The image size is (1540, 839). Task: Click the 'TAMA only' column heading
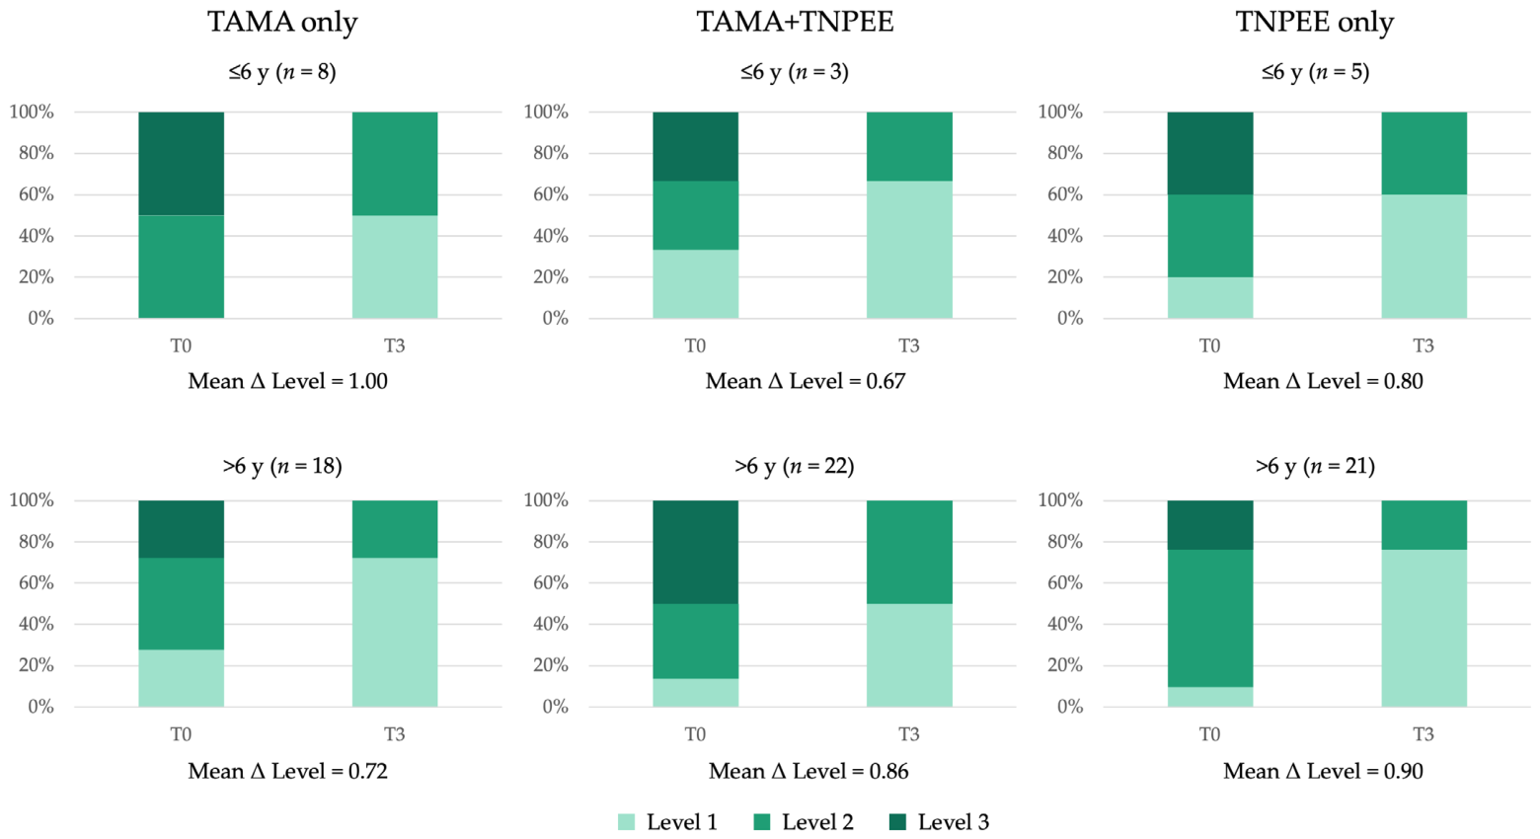[282, 22]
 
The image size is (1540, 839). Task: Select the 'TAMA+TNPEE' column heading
[795, 22]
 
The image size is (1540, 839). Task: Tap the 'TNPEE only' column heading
[1315, 22]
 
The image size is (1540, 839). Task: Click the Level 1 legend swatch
[626, 822]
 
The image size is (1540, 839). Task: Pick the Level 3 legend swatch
[897, 822]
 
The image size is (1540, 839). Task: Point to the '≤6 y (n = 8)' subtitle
[282, 72]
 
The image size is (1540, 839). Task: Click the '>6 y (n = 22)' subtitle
[795, 467]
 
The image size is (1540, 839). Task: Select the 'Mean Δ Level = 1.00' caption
[288, 381]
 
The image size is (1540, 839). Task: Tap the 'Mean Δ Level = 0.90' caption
[1323, 771]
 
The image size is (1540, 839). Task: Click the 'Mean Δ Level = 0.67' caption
[806, 381]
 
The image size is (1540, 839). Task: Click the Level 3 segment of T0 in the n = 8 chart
[182, 164]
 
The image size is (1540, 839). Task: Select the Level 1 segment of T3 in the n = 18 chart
[395, 632]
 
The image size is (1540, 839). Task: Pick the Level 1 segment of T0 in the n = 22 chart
[696, 693]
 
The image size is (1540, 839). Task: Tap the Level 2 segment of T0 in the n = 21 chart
[1210, 619]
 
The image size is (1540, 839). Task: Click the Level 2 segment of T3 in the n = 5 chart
[1424, 153]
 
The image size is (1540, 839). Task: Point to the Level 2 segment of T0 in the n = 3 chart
[696, 215]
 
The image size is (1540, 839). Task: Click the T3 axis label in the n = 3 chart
[909, 345]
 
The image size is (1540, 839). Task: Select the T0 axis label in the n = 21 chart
[1210, 734]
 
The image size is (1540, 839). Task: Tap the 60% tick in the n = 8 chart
[37, 194]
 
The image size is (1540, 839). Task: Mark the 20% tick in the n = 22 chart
[551, 665]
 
